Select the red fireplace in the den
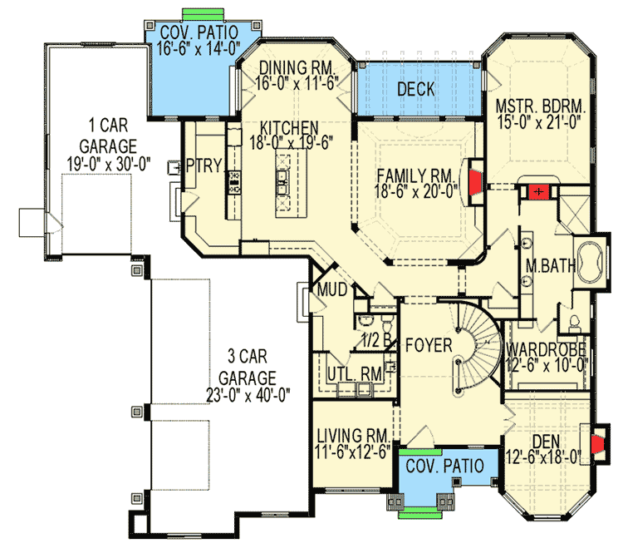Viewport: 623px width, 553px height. [x=596, y=447]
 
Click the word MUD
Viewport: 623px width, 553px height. [x=331, y=291]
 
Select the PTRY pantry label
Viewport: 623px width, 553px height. [x=204, y=165]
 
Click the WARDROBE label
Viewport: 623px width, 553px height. [x=547, y=348]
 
